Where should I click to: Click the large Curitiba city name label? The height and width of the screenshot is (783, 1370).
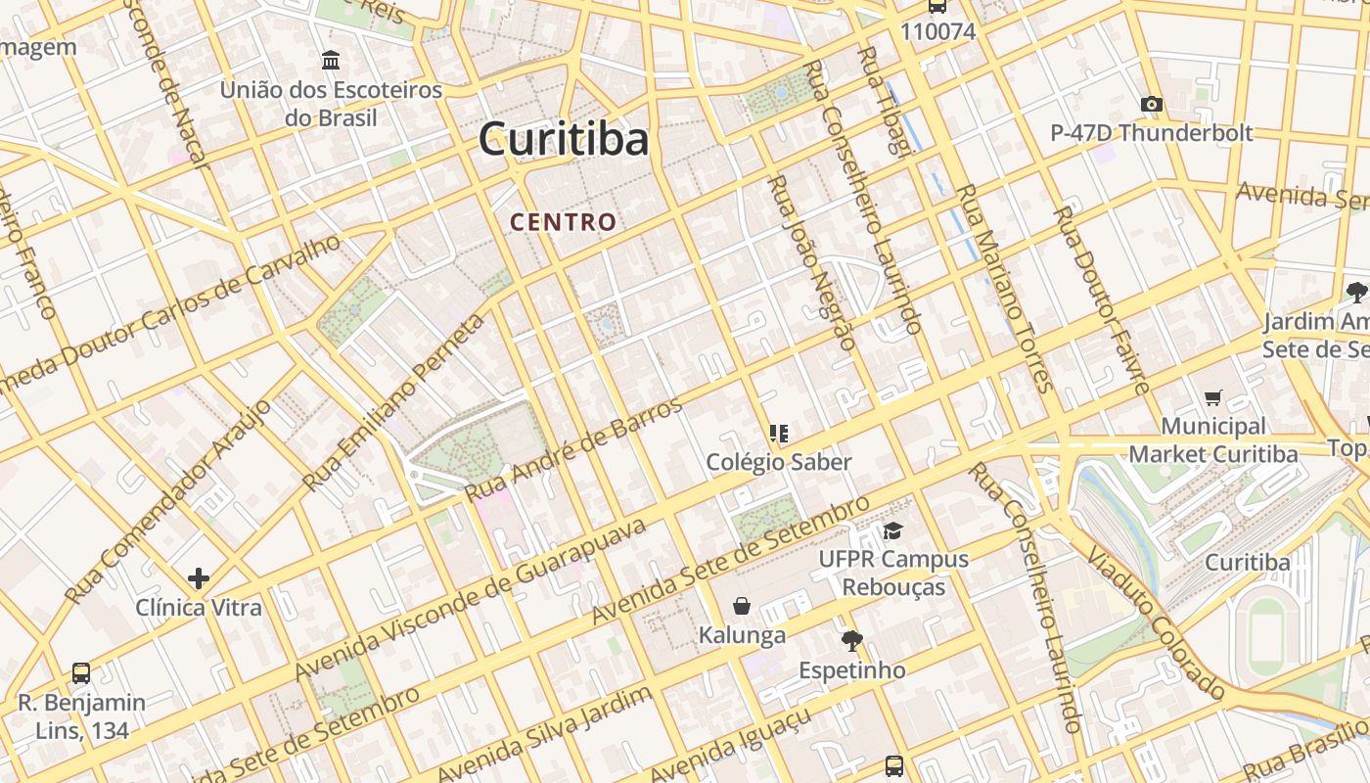[564, 139]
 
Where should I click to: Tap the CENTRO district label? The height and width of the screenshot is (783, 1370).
[564, 222]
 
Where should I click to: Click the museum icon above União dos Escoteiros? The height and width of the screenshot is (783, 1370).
[331, 61]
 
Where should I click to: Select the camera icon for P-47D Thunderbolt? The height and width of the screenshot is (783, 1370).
[1152, 104]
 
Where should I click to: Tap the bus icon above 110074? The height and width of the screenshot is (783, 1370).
[937, 6]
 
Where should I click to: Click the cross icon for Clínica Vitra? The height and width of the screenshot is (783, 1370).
[199, 578]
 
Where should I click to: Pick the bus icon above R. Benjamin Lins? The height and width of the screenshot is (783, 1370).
[81, 673]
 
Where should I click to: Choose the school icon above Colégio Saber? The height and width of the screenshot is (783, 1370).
[779, 433]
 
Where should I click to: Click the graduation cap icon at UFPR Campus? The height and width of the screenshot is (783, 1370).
[892, 530]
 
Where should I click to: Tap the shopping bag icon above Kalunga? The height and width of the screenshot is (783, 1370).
[742, 606]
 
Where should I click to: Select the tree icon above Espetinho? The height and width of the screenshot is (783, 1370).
[852, 641]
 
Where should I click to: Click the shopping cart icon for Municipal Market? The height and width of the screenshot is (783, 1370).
[1213, 397]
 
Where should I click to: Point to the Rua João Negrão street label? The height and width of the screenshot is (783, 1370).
[811, 262]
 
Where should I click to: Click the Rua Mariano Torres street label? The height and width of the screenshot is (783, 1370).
[1004, 289]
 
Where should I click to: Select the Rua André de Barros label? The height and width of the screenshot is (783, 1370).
[573, 449]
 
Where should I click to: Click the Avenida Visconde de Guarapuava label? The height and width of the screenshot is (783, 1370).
[471, 599]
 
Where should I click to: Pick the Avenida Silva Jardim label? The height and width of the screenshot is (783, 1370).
[545, 734]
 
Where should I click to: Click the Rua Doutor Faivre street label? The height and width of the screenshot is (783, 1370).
[1101, 299]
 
